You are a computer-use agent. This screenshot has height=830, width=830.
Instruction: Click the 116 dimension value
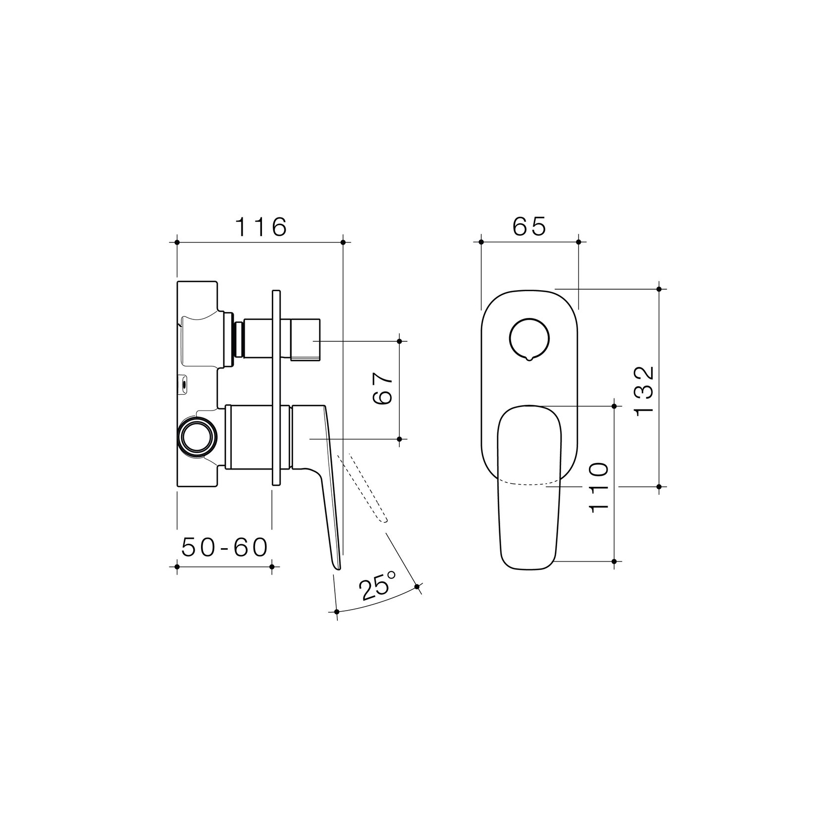tap(260, 227)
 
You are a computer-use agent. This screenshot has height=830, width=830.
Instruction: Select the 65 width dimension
tap(529, 227)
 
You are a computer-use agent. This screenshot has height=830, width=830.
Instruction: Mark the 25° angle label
tap(378, 585)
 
